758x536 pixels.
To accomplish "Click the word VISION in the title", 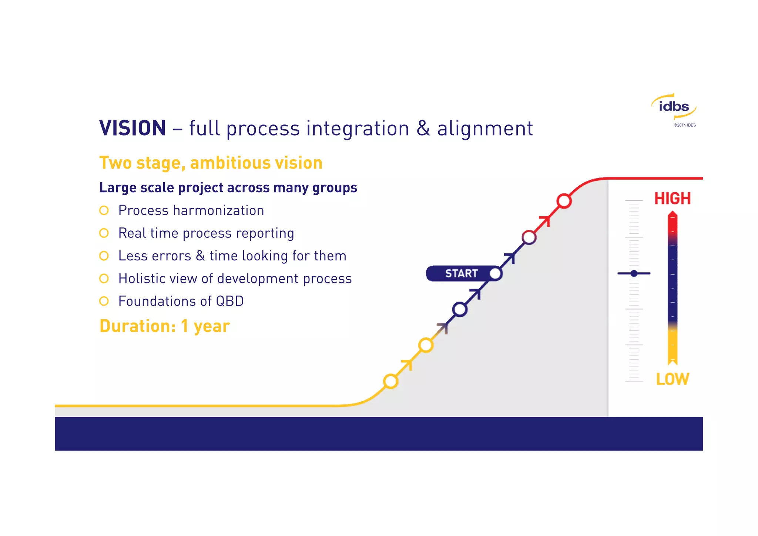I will pos(133,128).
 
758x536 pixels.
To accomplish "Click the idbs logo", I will pos(674,107).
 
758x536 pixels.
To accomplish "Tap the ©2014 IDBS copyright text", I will pos(684,125).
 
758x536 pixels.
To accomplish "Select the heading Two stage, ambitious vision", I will pos(211,163).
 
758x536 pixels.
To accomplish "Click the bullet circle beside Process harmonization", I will pos(104,210).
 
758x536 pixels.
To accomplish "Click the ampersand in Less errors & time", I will pos(200,256).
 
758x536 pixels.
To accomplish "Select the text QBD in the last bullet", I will pos(229,301).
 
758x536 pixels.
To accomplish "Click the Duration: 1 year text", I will pos(165,326).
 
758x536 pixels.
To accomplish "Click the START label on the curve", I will pos(461,273).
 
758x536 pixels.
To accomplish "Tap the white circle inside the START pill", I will pos(495,274).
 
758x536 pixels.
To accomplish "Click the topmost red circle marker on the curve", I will pos(564,201).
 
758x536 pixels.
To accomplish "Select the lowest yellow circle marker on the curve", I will pos(390,381).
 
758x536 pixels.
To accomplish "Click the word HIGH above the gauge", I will pos(672,199).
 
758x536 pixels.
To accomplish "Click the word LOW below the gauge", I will pos(672,379).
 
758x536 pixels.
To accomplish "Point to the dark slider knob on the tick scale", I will pos(634,273).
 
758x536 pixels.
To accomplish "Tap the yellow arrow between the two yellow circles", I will pos(407,364).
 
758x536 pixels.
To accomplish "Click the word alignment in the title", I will pos(485,129).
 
